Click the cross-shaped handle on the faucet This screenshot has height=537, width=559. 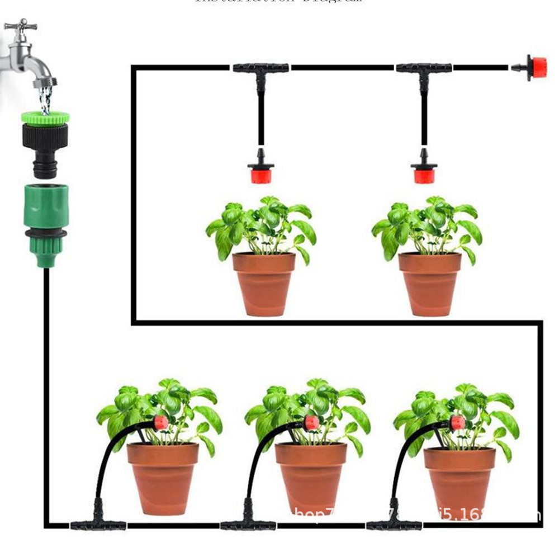pyautogui.click(x=21, y=25)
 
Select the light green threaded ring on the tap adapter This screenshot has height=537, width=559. pyautogui.click(x=45, y=117)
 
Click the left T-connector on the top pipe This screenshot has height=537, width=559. pyautogui.click(x=260, y=69)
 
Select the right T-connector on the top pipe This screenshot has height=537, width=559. pyautogui.click(x=424, y=69)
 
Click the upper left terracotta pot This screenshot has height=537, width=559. pyautogui.click(x=264, y=282)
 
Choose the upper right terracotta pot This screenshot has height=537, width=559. pyautogui.click(x=430, y=282)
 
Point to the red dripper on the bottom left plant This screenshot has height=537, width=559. pyautogui.click(x=161, y=423)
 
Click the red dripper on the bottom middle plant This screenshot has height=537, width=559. pyautogui.click(x=311, y=423)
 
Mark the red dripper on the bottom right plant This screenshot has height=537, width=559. pyautogui.click(x=457, y=423)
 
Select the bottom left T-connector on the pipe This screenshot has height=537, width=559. pyautogui.click(x=98, y=524)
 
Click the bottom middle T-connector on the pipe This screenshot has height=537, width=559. pyautogui.click(x=248, y=524)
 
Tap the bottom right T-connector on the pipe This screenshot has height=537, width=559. pyautogui.click(x=394, y=524)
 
